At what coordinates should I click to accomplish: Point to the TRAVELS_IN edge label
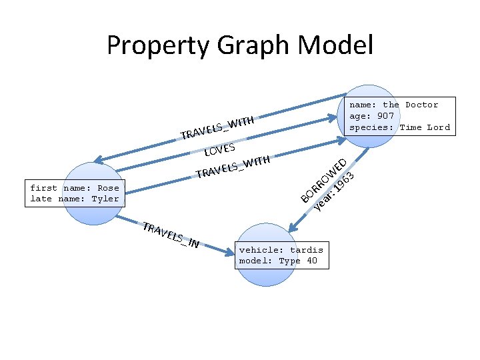point(171,235)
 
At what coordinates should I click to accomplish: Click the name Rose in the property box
point(107,188)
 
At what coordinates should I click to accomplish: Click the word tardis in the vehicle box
point(307,250)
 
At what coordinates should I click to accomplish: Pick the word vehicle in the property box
point(259,250)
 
